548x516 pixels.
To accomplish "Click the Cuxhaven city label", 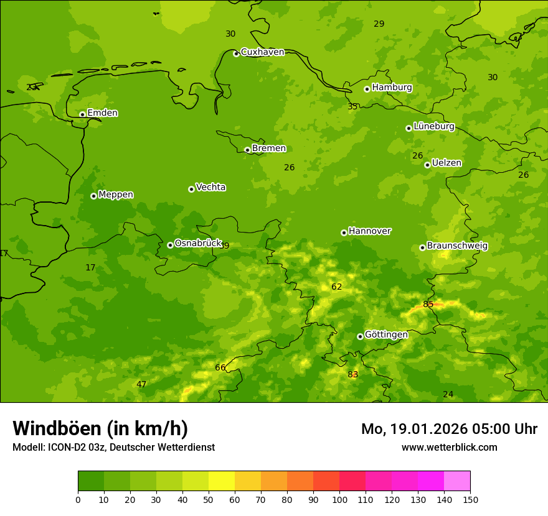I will [262, 52].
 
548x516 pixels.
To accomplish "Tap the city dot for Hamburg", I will [367, 89].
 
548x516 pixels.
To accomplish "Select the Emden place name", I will [102, 113].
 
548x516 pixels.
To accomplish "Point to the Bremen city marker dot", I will [247, 150].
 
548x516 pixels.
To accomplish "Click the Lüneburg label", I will [433, 126].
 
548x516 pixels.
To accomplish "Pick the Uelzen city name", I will [446, 164].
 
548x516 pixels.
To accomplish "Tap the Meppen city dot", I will [93, 196].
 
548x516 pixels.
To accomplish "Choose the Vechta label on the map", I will [210, 187].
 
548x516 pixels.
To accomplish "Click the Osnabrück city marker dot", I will [170, 245].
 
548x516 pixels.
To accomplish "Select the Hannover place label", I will [369, 231].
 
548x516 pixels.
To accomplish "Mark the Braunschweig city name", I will [457, 246].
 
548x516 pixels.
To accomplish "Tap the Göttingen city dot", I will [360, 336].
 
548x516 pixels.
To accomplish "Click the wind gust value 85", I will [428, 304].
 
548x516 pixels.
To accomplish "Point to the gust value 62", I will [337, 287].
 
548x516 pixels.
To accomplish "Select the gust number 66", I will [220, 367].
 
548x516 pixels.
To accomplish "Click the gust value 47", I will [141, 384].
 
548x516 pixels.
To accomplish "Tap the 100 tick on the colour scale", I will [339, 499].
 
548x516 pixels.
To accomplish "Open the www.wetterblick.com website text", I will [449, 448].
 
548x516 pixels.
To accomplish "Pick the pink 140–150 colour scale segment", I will [457, 481].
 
